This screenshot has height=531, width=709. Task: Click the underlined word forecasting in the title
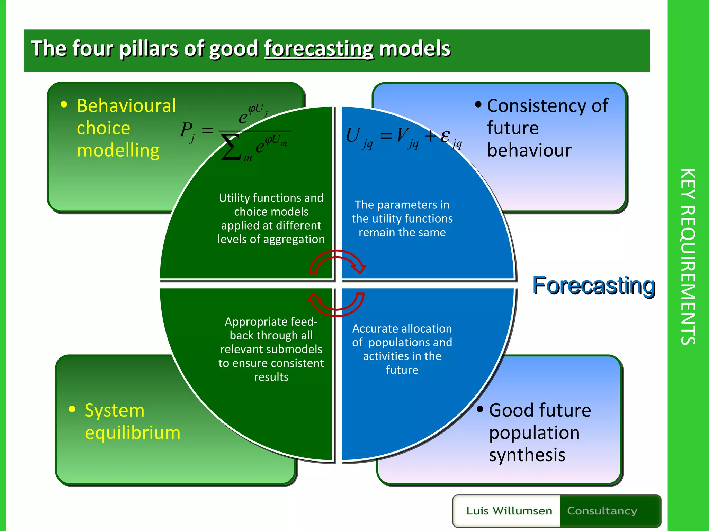point(319,48)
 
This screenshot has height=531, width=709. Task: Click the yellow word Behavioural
point(126,106)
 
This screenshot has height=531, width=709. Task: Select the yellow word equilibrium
point(133,433)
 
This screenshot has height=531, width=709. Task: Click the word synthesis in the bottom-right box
point(527,455)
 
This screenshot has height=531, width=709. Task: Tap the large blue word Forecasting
point(593,286)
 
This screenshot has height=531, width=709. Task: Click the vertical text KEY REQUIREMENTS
point(688,257)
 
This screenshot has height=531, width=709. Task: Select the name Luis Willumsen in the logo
point(509,511)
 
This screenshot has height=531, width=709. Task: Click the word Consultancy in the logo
point(602,511)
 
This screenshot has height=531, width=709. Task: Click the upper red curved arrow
point(337,261)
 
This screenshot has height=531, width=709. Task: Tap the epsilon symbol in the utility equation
point(445,136)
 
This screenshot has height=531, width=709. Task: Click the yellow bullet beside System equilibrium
point(72,409)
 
